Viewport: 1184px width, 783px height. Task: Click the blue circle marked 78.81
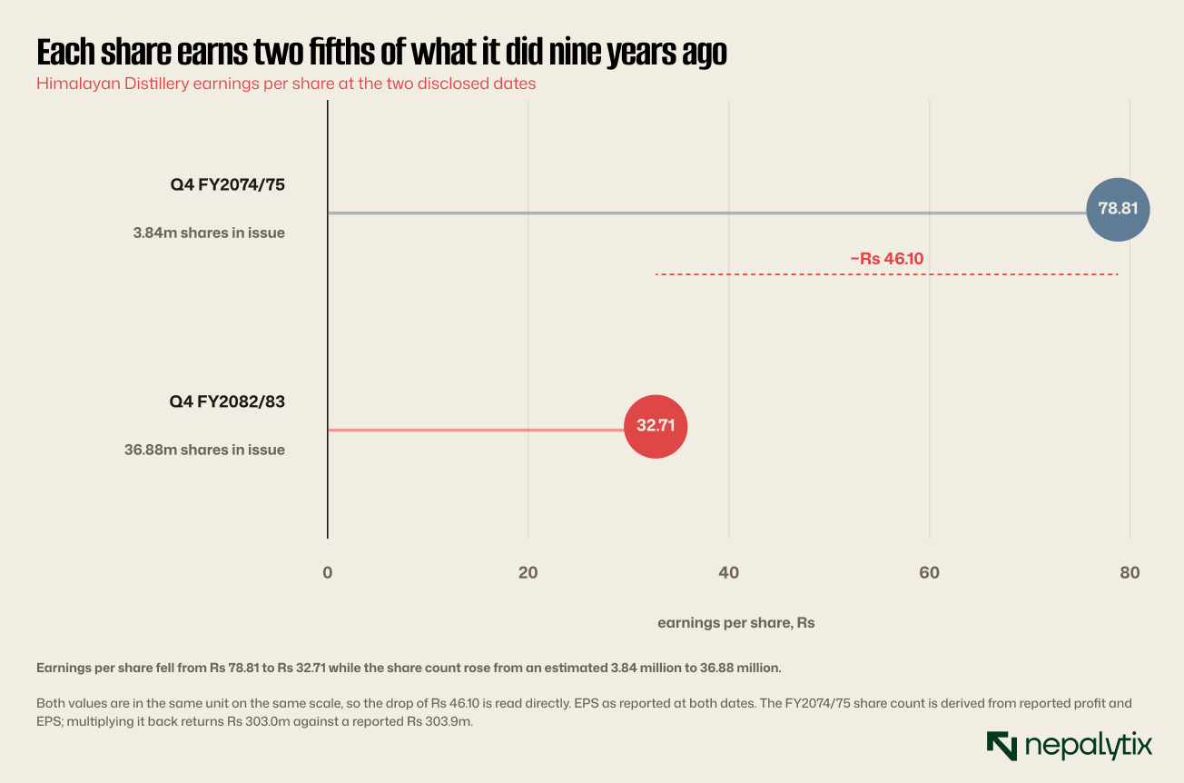pos(1118,209)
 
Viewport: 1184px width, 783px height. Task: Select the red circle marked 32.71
pos(656,426)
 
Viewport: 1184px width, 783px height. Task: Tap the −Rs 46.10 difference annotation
pos(886,259)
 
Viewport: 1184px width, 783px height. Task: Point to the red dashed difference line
pos(887,274)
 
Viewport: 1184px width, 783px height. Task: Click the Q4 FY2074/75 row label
pos(227,184)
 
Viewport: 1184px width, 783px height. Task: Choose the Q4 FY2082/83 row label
pos(227,401)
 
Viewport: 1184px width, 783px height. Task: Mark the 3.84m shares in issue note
pos(209,233)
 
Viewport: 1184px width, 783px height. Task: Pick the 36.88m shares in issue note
pos(204,450)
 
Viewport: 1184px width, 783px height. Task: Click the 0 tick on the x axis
pos(328,572)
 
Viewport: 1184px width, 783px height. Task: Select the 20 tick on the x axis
pos(528,572)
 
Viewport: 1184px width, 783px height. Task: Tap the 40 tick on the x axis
pos(728,572)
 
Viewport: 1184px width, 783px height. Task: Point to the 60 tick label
pos(929,572)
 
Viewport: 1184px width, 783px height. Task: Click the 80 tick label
pos(1130,572)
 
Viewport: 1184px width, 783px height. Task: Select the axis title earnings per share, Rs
pos(735,623)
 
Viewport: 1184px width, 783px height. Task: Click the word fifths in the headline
pos(340,52)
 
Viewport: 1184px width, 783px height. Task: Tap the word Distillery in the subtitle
pos(156,84)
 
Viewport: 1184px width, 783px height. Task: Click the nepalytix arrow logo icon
pos(1001,746)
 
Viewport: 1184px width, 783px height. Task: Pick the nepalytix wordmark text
pos(1089,746)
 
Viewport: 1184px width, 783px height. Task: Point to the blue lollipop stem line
pos(707,213)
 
